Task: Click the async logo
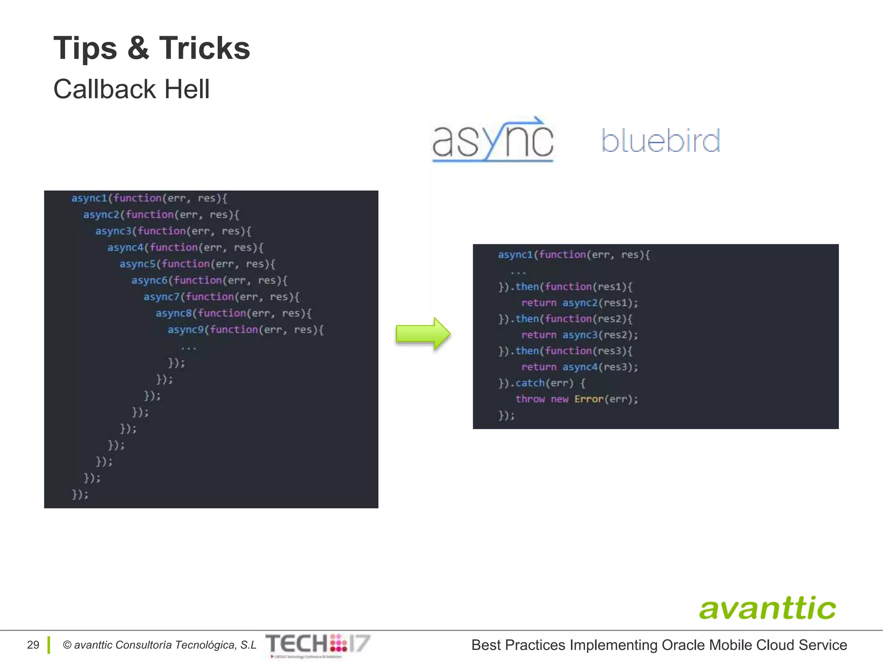coord(492,140)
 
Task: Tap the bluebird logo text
coord(661,141)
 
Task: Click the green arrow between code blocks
coord(423,334)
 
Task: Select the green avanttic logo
coord(767,608)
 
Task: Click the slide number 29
coord(33,645)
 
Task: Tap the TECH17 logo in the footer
coord(318,644)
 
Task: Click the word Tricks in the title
coord(204,48)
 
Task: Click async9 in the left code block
coord(185,330)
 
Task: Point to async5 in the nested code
coord(137,264)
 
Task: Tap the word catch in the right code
coord(530,383)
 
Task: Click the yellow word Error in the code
coord(589,399)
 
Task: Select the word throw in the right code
coord(530,399)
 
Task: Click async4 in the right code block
coord(580,367)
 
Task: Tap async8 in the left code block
coord(173,313)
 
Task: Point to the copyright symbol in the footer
coord(67,645)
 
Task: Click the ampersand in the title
coord(138,48)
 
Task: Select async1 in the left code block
coord(89,198)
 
